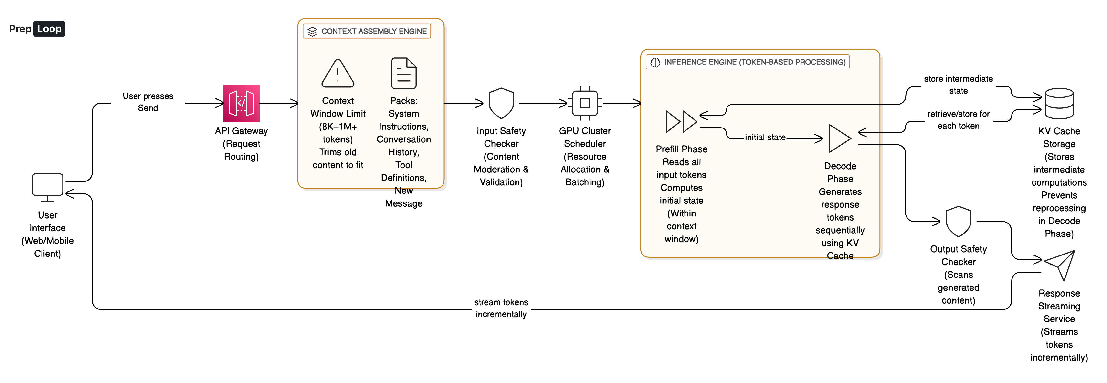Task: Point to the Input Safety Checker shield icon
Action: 501,103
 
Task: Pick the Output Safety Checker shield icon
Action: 958,221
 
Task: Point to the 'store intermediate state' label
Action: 958,85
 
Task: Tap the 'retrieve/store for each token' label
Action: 958,120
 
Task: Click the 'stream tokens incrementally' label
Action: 501,308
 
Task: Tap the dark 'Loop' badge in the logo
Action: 49,29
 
